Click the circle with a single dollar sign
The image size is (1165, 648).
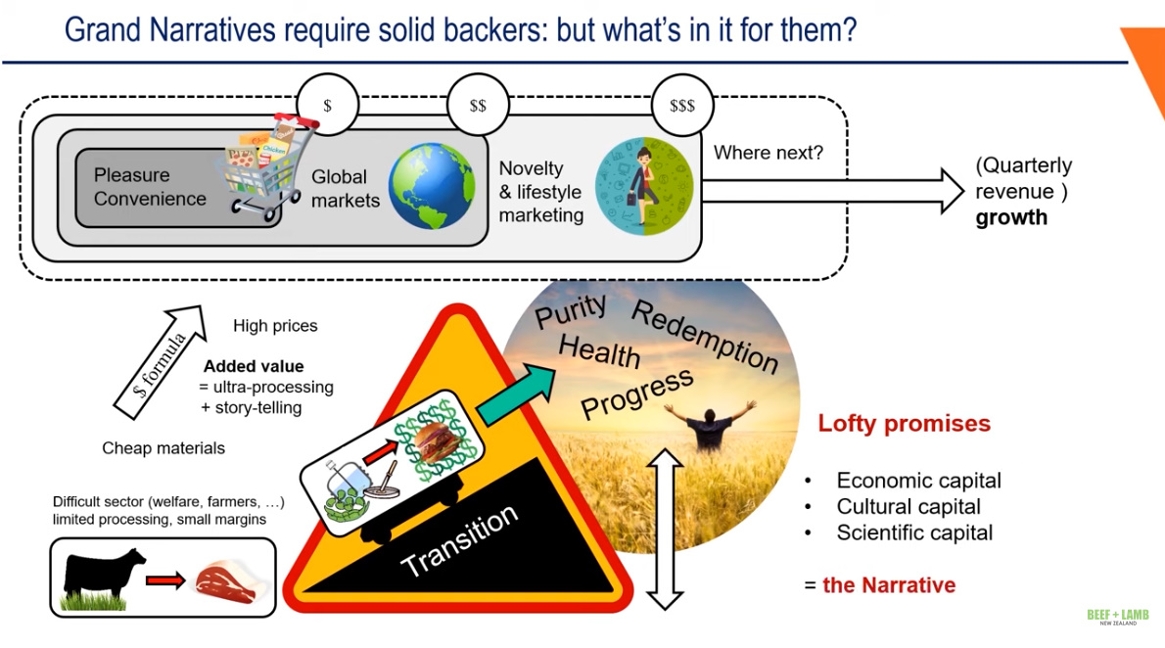[327, 105]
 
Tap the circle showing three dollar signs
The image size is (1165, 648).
[682, 105]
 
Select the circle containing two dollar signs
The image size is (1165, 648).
[478, 105]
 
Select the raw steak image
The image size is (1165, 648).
[224, 580]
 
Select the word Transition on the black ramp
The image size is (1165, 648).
[459, 541]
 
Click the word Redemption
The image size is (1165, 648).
[705, 338]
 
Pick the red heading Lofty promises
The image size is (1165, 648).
[904, 424]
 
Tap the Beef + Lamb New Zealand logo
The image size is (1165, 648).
[1117, 618]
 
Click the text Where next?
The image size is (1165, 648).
[769, 153]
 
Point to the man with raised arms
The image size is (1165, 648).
[710, 424]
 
